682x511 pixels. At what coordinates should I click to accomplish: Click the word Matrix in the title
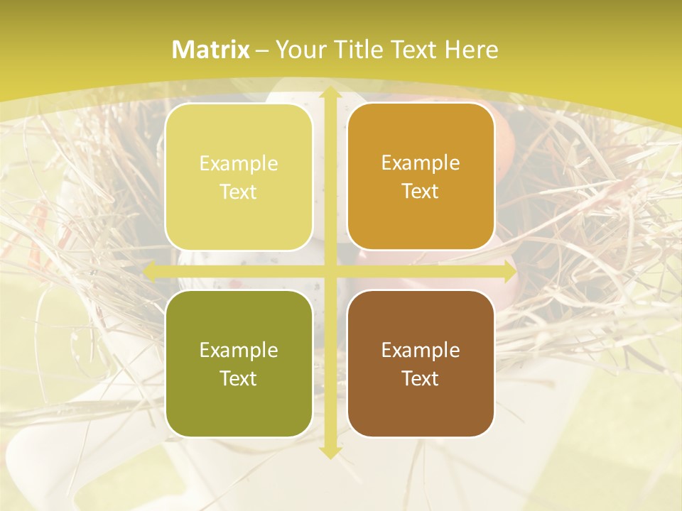(211, 50)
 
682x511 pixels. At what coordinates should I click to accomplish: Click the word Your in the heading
(298, 50)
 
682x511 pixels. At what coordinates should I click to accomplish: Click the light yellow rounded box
(239, 177)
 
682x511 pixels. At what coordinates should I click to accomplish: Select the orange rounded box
(421, 177)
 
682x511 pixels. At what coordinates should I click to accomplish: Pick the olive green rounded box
(239, 363)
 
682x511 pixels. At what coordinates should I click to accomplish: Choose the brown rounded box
(421, 363)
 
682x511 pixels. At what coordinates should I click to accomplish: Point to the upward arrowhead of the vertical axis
(330, 93)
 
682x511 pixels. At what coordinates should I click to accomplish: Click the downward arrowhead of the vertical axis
(330, 451)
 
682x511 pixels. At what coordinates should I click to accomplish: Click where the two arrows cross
(330, 272)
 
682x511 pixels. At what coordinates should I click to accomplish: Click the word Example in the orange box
(421, 163)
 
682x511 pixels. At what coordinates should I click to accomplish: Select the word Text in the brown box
(421, 378)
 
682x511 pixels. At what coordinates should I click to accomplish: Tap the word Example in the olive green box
(239, 350)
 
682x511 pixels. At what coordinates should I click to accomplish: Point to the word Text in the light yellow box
(239, 192)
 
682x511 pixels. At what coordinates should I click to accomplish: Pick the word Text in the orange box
(421, 191)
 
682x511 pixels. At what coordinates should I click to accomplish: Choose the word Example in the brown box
(421, 350)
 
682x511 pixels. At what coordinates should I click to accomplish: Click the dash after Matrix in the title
(262, 50)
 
